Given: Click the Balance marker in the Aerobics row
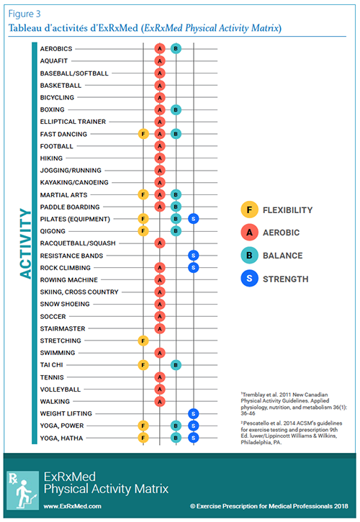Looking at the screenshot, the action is click(176, 49).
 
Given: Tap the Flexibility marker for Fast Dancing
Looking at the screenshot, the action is click(143, 134).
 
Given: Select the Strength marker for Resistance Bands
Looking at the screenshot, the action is click(194, 256).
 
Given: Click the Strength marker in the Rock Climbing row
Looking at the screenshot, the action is click(194, 268).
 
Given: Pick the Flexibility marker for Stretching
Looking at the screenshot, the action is click(143, 341).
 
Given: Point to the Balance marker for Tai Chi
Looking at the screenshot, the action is click(176, 365).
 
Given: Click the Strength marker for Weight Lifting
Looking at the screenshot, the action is click(194, 413).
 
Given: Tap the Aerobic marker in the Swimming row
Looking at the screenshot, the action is click(160, 353).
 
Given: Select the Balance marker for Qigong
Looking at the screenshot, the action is click(176, 231).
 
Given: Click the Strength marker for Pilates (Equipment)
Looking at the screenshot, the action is click(194, 219).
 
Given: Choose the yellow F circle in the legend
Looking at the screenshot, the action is click(249, 210).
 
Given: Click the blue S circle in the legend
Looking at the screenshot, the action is click(249, 279).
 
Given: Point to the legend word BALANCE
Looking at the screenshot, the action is click(283, 256).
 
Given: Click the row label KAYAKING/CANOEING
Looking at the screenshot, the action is click(74, 182).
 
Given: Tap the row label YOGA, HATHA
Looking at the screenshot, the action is click(61, 438).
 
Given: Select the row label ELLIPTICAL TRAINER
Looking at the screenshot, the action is click(73, 122).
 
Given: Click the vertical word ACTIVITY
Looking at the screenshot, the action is click(25, 243).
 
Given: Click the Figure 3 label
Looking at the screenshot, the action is click(24, 14).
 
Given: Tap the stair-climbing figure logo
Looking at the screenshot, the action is click(22, 490).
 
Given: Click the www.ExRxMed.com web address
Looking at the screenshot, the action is click(72, 506).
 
